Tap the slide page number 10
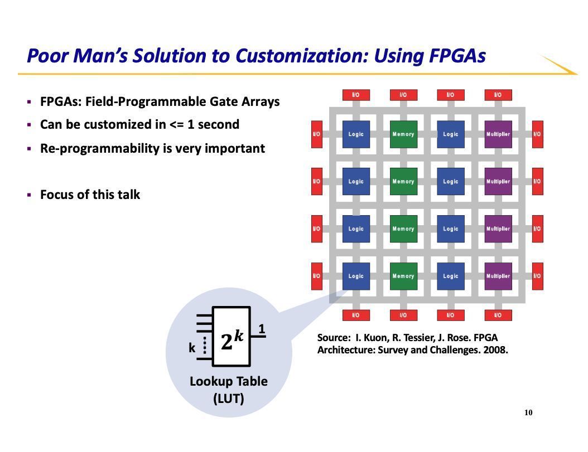coord(528,412)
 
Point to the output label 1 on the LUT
coord(261,329)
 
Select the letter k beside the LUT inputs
coord(192,348)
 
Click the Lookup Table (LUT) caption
coord(229,390)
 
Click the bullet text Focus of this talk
coord(90,195)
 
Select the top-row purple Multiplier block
coord(498,134)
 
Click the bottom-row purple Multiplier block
coord(498,276)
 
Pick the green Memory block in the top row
coord(403,134)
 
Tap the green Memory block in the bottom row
coord(403,276)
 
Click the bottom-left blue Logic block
coord(356,276)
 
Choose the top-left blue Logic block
coord(356,134)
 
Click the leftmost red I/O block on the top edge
coord(356,95)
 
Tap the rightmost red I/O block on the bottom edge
coord(498,315)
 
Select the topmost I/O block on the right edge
coord(537,134)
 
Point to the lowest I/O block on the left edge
coord(316,276)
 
